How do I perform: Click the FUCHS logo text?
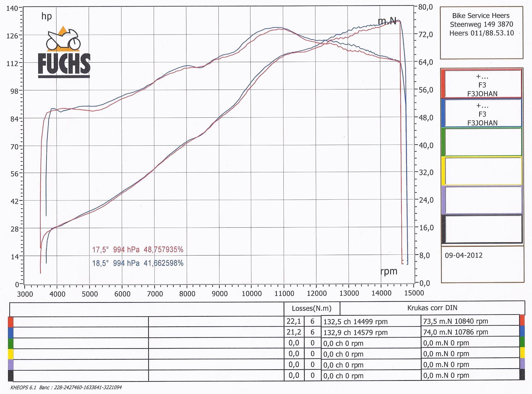click(64, 64)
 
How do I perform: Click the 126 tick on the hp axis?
click(12, 36)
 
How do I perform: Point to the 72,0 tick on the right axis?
click(425, 35)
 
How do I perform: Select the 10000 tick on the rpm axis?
click(252, 294)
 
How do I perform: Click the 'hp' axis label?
click(47, 16)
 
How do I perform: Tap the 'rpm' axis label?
click(389, 271)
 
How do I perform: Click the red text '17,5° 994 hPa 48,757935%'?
click(138, 250)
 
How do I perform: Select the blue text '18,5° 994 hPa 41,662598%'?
click(138, 263)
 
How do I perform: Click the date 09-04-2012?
click(464, 255)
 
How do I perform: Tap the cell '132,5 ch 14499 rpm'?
click(355, 322)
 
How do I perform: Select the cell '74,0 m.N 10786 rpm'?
click(455, 332)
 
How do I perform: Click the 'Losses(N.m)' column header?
click(312, 308)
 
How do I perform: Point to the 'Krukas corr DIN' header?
click(432, 308)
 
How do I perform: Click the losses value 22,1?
click(294, 321)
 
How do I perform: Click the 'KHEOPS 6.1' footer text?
click(23, 387)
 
